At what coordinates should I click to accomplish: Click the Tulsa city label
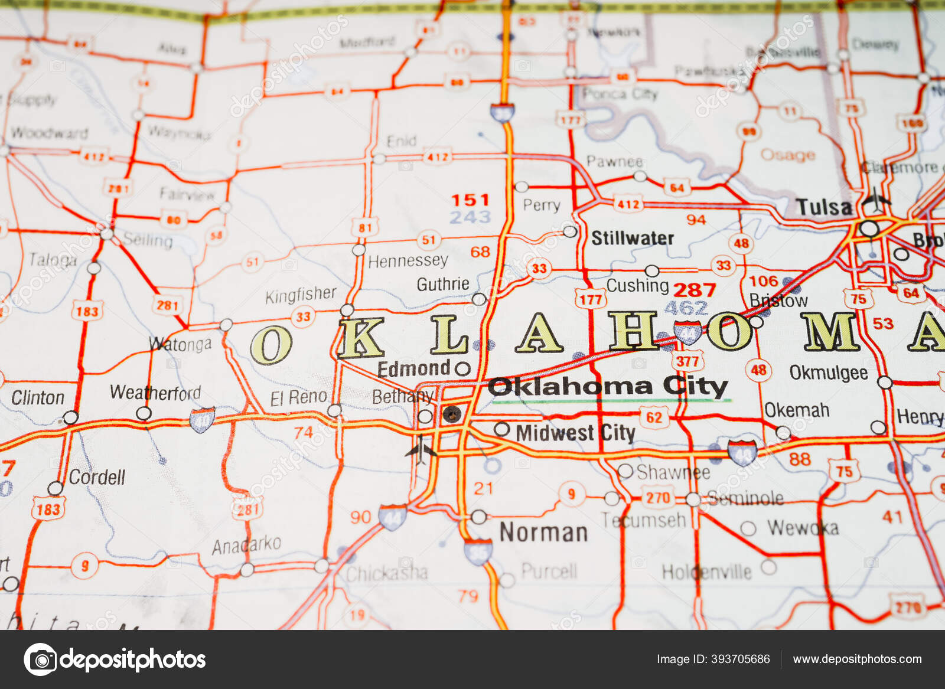click(x=823, y=207)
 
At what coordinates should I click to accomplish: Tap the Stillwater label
click(x=633, y=238)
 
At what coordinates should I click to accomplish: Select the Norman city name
click(x=543, y=533)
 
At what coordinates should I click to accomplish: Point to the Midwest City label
click(x=575, y=433)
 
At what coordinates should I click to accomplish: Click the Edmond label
click(x=414, y=369)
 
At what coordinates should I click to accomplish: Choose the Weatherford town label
click(x=155, y=393)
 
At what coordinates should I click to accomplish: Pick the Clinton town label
click(x=38, y=398)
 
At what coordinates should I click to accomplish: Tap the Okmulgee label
click(x=829, y=373)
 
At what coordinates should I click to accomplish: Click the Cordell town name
click(x=97, y=477)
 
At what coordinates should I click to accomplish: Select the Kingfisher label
click(x=301, y=295)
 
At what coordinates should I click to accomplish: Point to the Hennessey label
click(x=408, y=261)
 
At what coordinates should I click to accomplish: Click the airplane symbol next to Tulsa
click(x=875, y=202)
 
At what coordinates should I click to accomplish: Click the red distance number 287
click(x=695, y=290)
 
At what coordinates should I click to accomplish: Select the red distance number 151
click(x=470, y=200)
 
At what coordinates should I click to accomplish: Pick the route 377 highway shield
click(x=687, y=361)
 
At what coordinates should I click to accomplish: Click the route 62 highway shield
click(x=654, y=418)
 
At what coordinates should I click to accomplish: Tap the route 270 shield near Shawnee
click(x=658, y=498)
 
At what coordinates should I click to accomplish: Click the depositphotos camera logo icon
click(x=40, y=659)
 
